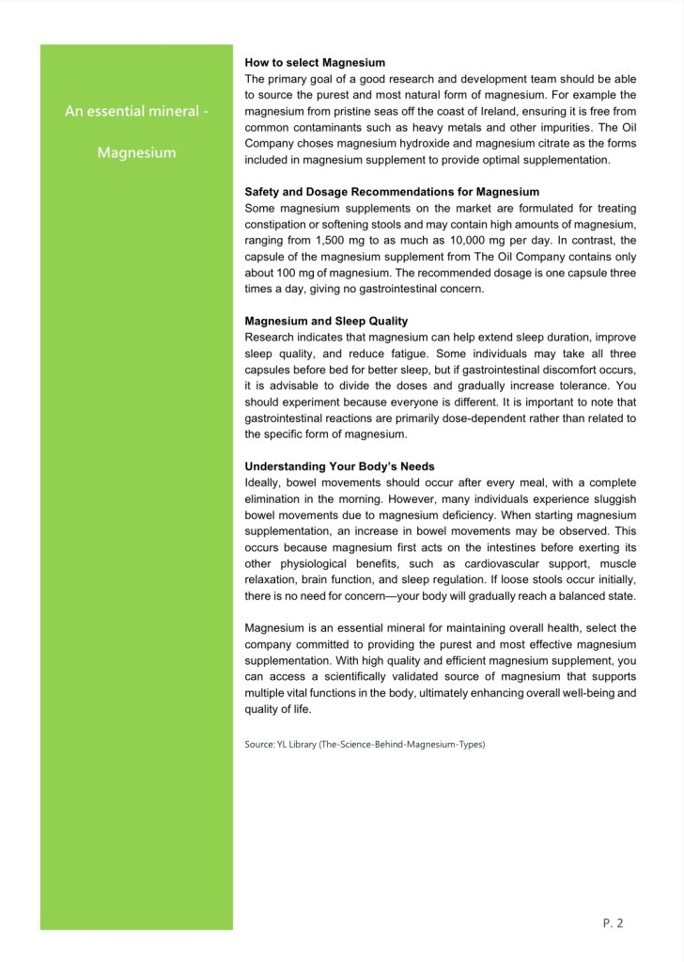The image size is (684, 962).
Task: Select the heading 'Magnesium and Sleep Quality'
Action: click(x=326, y=321)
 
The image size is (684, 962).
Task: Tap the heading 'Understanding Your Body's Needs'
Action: click(x=339, y=466)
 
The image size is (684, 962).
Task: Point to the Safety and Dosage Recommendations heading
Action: click(x=392, y=192)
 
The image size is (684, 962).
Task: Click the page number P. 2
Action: click(x=613, y=923)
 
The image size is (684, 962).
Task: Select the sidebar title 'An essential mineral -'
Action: click(x=136, y=112)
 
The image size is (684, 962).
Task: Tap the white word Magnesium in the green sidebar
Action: click(x=136, y=152)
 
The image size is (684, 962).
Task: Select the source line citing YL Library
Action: click(x=365, y=744)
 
